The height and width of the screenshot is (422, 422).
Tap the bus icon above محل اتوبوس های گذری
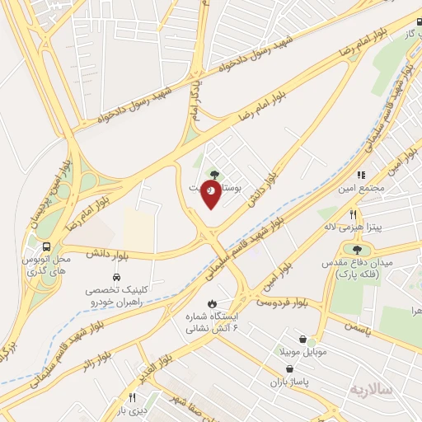47,246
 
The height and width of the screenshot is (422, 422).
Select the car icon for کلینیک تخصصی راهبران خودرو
116,277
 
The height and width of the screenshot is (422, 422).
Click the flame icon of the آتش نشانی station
213,302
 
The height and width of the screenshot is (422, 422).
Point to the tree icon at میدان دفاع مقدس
356,250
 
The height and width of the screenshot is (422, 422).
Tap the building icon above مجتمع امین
360,175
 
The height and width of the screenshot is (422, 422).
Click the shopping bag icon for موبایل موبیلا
303,339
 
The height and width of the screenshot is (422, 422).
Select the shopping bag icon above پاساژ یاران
287,369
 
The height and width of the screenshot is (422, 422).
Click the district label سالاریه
368,387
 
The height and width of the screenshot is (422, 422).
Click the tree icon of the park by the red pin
216,174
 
